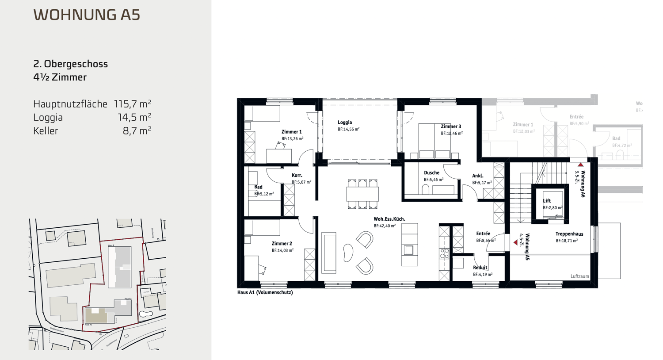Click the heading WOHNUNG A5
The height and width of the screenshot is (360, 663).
coord(87,15)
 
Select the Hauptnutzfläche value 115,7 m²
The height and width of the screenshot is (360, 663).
coord(132,104)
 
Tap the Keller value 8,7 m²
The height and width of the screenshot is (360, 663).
coord(137,130)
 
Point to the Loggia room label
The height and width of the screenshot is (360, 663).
coord(345,123)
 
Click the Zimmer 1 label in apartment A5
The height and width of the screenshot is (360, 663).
coord(291,132)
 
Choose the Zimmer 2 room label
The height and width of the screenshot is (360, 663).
coord(282,243)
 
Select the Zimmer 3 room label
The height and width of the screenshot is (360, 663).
coord(451,126)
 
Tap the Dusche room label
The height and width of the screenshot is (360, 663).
coord(431,173)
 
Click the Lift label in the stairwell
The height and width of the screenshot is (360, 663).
coord(547,201)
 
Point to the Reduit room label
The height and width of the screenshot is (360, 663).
coord(480,268)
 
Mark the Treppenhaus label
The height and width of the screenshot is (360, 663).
coord(569,234)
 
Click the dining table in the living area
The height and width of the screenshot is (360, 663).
coord(362,194)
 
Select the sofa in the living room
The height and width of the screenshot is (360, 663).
coord(328,253)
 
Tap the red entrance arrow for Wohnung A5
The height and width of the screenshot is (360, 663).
coord(515,242)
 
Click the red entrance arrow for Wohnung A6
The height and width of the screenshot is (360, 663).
coord(581,165)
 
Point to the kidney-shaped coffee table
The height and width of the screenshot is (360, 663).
coord(348,253)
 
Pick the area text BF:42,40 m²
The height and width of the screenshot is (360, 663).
coord(385,226)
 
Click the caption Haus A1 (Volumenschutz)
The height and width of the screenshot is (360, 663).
coord(265,292)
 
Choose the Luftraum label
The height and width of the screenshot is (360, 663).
coord(579,276)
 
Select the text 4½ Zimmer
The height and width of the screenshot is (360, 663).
coord(60,77)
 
